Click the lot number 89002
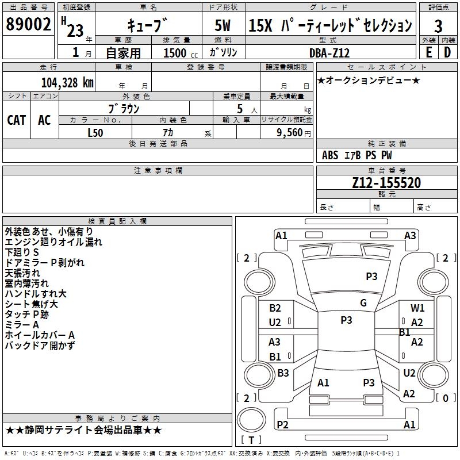(x=28, y=24)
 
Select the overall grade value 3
(x=438, y=26)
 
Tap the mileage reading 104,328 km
(x=67, y=83)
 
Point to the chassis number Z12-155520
(x=386, y=183)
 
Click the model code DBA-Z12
(x=329, y=53)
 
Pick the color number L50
(x=95, y=133)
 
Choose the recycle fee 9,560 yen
(x=293, y=133)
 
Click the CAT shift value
(x=17, y=120)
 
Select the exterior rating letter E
(x=428, y=52)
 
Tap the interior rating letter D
(x=447, y=52)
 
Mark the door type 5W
(x=223, y=25)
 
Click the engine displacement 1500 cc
(x=181, y=53)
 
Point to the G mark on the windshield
(x=363, y=303)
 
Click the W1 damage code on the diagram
(x=417, y=308)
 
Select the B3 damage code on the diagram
(x=283, y=373)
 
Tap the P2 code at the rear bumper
(x=282, y=424)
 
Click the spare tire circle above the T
(x=251, y=419)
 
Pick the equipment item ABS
(x=330, y=155)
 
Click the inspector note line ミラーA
(x=22, y=325)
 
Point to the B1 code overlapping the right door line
(x=405, y=332)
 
